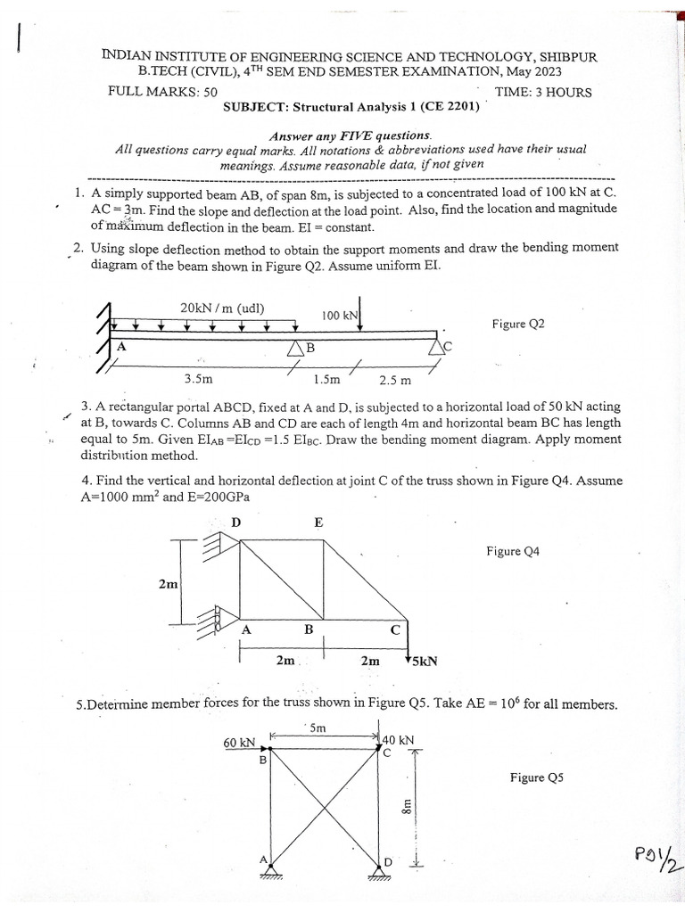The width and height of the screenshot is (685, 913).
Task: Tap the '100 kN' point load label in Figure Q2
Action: (x=340, y=316)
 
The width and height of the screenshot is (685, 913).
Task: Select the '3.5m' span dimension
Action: (x=198, y=378)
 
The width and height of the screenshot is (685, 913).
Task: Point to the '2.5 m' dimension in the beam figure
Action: (x=395, y=380)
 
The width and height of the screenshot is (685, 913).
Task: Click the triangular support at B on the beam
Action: (x=296, y=349)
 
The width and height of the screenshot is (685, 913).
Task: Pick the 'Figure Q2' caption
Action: (x=517, y=325)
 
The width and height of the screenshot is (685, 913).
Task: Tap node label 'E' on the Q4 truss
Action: (x=318, y=523)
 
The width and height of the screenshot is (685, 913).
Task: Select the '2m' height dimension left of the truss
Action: (x=168, y=584)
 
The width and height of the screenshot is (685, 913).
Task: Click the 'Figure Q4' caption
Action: (x=514, y=551)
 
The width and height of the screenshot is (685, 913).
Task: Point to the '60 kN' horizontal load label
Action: (x=239, y=742)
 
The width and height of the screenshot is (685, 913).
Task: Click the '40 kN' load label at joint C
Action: (x=398, y=740)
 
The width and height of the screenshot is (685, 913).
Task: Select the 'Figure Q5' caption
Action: (x=537, y=777)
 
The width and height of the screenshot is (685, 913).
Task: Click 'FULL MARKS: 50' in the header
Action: (x=161, y=92)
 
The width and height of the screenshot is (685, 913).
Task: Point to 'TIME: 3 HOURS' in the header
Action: (x=543, y=92)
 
